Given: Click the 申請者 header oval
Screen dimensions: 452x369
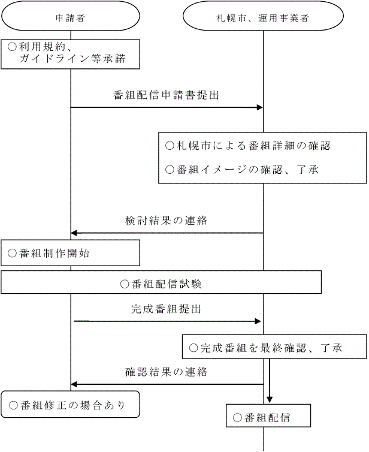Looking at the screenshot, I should [70, 17].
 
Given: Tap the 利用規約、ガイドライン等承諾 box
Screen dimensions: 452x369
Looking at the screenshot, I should [70, 53].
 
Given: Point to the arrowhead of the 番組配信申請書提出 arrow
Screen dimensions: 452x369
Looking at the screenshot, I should [260, 107].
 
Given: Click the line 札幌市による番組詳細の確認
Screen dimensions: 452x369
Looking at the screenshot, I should [247, 146].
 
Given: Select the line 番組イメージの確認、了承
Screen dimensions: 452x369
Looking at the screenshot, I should [241, 170].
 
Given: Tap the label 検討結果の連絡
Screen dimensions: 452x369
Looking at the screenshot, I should [167, 220].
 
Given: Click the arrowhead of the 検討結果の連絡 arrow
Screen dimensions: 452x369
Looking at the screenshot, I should [74, 233].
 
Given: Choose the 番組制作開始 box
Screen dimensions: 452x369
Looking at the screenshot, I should [70, 253].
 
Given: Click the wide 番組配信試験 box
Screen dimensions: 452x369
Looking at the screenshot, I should [161, 282].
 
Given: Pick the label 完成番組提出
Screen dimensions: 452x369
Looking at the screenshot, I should [167, 309].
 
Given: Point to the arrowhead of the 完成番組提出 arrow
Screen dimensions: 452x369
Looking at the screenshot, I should [260, 322].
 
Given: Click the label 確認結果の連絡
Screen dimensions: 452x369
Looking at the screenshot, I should [167, 372].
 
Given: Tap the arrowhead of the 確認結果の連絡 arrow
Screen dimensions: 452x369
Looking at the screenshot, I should [74, 384].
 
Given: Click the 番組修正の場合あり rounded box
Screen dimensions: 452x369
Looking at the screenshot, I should [70, 405].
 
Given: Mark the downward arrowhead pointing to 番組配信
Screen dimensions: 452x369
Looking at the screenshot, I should [270, 398].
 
